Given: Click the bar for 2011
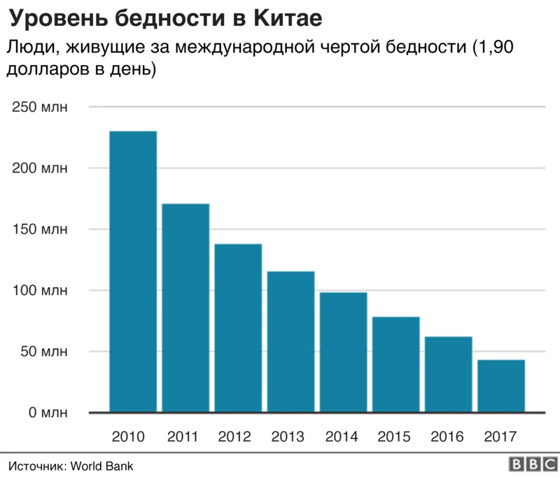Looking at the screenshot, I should tap(185, 308).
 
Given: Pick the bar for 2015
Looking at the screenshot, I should tap(395, 365).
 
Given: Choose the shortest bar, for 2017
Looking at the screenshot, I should tap(500, 386).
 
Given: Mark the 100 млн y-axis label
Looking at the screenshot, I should tap(39, 290).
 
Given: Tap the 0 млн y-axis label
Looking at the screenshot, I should tap(46, 413).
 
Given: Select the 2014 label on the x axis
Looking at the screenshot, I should tap(342, 437).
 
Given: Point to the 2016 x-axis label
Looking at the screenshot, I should tap(447, 437).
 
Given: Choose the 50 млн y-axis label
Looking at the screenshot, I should tap(43, 351).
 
